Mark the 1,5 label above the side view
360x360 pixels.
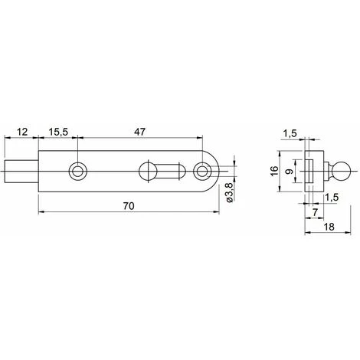289,133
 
